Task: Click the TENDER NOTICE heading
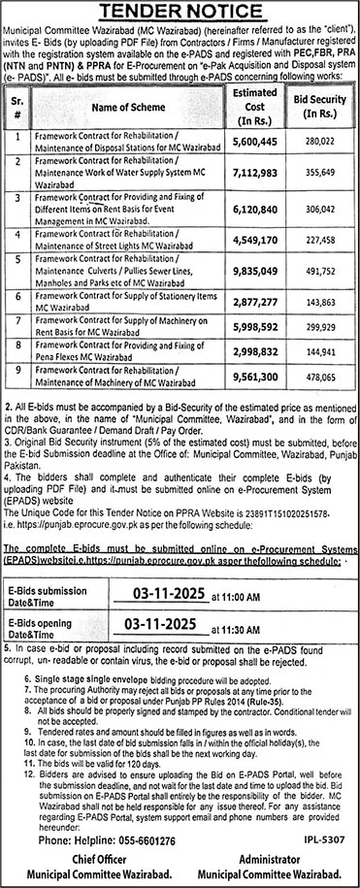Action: (180, 12)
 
